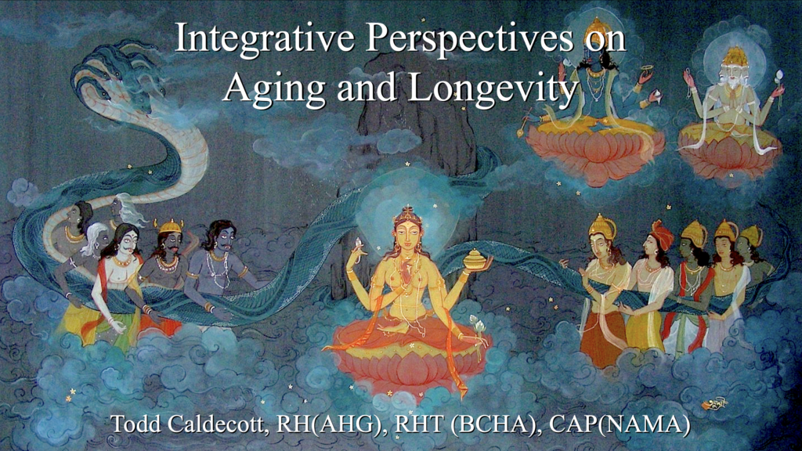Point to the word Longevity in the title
(x=493, y=88)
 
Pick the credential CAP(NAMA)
(x=620, y=424)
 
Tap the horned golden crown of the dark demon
(x=170, y=226)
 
